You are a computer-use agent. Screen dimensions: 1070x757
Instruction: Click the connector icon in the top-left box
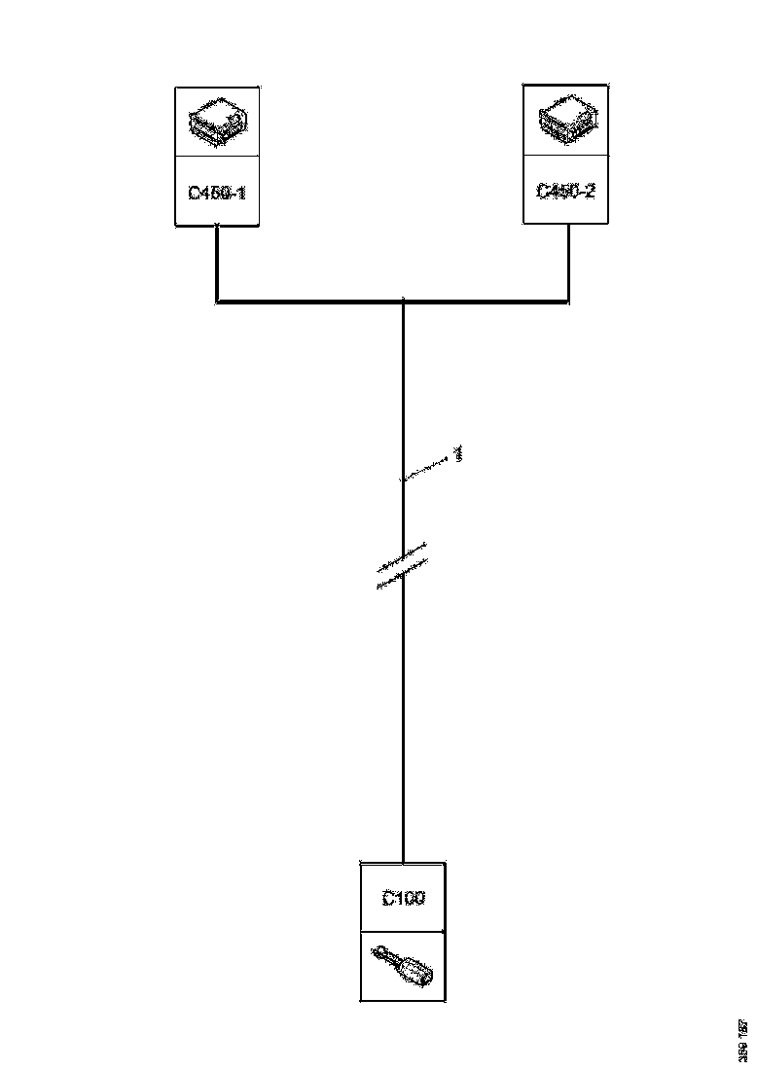[x=217, y=120]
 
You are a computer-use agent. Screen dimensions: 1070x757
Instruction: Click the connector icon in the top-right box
[x=566, y=120]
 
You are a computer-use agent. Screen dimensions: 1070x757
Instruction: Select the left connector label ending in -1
[x=217, y=193]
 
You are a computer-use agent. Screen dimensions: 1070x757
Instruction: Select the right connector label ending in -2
[x=566, y=191]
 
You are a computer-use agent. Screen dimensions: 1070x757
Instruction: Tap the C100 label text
[x=403, y=899]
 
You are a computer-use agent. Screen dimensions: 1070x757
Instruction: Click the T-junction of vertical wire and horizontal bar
[x=403, y=302]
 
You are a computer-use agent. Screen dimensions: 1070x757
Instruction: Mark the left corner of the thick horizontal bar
[x=217, y=302]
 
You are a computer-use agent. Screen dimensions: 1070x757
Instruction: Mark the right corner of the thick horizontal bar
[x=568, y=302]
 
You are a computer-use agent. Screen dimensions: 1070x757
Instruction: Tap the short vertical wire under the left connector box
[x=216, y=263]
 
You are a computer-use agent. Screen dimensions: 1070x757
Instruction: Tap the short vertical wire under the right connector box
[x=568, y=263]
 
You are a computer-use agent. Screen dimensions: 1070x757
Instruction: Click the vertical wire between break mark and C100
[x=403, y=720]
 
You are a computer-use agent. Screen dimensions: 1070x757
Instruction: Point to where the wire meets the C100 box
[x=403, y=862]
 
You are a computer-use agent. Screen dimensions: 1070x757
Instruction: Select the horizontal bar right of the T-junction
[x=487, y=302]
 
